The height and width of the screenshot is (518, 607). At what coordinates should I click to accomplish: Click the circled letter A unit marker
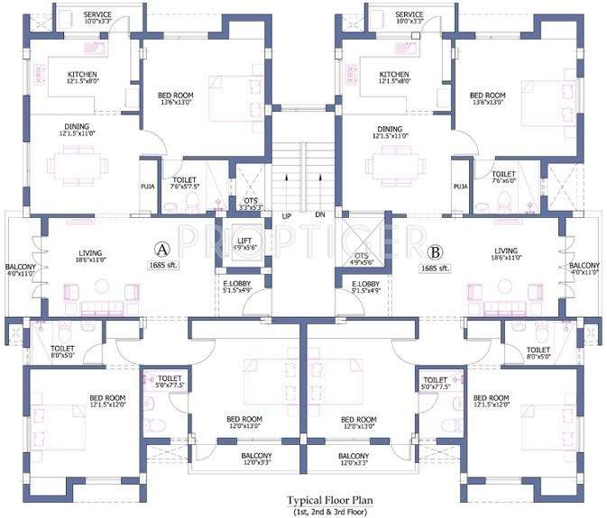pyautogui.click(x=162, y=248)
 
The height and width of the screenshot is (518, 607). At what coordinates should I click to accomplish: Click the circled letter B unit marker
pyautogui.click(x=435, y=251)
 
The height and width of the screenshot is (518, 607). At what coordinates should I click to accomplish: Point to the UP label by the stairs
pyautogui.click(x=286, y=216)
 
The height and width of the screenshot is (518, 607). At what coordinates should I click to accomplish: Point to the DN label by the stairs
pyautogui.click(x=319, y=216)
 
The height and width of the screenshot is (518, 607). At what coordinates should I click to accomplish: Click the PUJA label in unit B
pyautogui.click(x=460, y=186)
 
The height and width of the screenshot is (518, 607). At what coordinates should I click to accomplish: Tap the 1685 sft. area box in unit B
pyautogui.click(x=437, y=268)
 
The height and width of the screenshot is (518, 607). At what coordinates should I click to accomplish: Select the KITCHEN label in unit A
pyautogui.click(x=82, y=75)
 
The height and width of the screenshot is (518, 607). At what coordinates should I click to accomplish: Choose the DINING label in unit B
pyautogui.click(x=390, y=129)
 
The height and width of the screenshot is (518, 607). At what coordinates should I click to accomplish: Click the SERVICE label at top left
pyautogui.click(x=98, y=14)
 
